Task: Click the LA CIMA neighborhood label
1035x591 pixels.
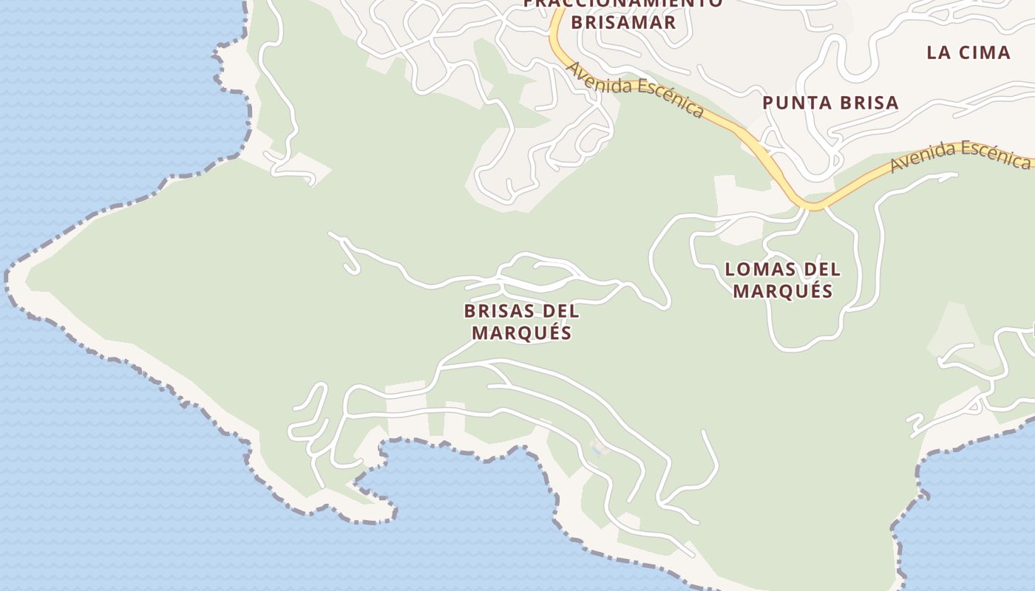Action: (x=968, y=52)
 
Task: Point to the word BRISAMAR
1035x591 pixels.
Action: (x=623, y=22)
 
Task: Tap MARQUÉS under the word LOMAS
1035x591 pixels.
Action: (x=783, y=291)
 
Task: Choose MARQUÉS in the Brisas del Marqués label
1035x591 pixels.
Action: (x=522, y=332)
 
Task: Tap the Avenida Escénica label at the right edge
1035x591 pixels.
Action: (x=961, y=155)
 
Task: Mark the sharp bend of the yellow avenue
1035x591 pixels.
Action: (x=811, y=205)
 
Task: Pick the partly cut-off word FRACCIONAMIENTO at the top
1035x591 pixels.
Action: (x=623, y=4)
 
